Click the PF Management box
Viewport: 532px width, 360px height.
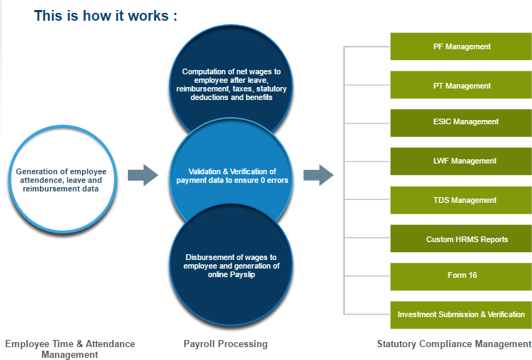pyautogui.click(x=461, y=47)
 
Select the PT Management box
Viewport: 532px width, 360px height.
pyautogui.click(x=461, y=86)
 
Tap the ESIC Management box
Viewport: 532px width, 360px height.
pyautogui.click(x=461, y=122)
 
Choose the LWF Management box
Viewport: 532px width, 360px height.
pyautogui.click(x=461, y=161)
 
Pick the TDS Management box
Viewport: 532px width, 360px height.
pyautogui.click(x=461, y=201)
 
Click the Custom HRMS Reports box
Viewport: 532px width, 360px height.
pyautogui.click(x=461, y=239)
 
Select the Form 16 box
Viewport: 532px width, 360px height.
pyautogui.click(x=461, y=276)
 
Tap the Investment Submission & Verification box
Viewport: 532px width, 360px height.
pyautogui.click(x=461, y=314)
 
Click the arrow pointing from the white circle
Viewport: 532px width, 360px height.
pyautogui.click(x=143, y=175)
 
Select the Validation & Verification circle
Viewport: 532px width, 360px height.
pyautogui.click(x=226, y=176)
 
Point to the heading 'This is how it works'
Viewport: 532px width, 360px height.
pyautogui.click(x=106, y=16)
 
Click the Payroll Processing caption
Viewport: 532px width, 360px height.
pyautogui.click(x=226, y=344)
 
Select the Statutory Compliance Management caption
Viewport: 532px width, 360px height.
pyautogui.click(x=453, y=344)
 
